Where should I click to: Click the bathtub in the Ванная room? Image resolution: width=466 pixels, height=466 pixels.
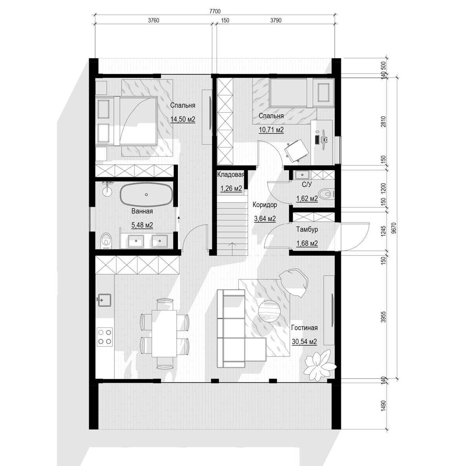pyautogui.click(x=146, y=194)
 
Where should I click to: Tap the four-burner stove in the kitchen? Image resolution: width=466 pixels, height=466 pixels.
pyautogui.click(x=105, y=337)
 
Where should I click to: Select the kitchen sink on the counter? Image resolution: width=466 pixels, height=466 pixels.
pyautogui.click(x=104, y=300)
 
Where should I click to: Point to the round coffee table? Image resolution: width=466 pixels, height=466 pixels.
pyautogui.click(x=270, y=311)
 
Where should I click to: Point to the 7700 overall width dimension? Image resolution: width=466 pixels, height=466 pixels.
pyautogui.click(x=215, y=11)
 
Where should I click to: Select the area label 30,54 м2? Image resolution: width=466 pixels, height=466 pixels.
pyautogui.click(x=305, y=341)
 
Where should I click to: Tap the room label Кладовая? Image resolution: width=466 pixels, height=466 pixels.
pyautogui.click(x=231, y=174)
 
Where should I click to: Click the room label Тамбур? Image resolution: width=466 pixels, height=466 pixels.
pyautogui.click(x=307, y=229)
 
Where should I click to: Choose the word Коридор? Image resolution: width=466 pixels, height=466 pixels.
pyautogui.click(x=265, y=205)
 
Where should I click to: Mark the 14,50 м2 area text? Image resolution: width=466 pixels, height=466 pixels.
pyautogui.click(x=183, y=119)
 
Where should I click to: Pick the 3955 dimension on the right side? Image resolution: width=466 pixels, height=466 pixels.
pyautogui.click(x=383, y=317)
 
